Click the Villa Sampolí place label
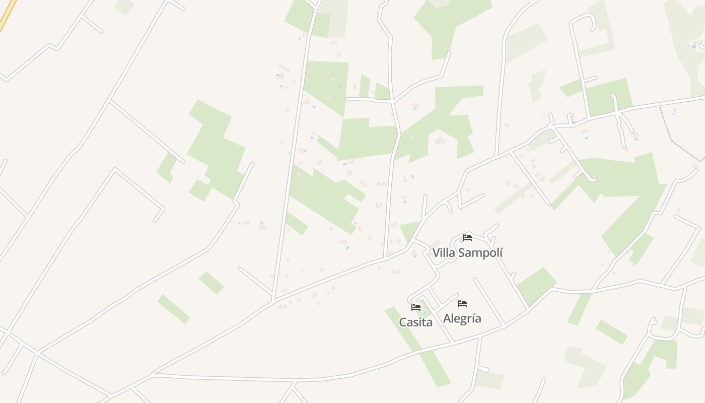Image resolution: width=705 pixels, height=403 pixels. coord(467,253)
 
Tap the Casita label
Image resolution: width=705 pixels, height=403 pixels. coord(415,322)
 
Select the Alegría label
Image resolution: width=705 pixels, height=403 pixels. coord(462,318)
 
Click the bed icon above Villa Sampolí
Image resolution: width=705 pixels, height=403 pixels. coord(467,238)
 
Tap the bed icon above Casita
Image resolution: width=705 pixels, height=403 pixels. coord(415,307)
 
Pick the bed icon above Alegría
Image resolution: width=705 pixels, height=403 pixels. coord(462,303)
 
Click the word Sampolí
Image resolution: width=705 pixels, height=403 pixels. coord(480,253)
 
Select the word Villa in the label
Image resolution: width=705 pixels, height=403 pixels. coord(444,253)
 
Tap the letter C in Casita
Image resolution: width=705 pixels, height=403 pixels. coord(403,322)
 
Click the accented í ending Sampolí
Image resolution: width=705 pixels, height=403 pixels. coord(501,252)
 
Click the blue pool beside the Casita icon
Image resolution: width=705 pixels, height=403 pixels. coord(424,313)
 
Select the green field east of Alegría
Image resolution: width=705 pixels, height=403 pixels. coord(536,286)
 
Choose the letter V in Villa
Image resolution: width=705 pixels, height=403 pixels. coord(437,253)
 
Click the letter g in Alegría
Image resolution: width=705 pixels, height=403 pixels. coord(463,319)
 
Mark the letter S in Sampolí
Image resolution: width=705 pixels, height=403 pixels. coord(462,253)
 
